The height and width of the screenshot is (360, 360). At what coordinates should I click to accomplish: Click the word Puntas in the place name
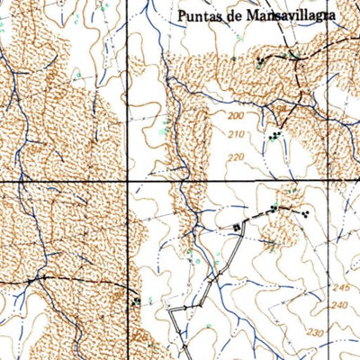pos(200,15)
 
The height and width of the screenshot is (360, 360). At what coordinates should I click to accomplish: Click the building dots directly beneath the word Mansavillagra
pos(261,62)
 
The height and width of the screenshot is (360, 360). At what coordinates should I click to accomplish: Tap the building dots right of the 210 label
pos(274,135)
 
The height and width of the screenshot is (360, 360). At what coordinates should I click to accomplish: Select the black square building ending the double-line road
pos(238,227)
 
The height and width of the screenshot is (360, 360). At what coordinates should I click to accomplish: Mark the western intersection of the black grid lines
pos(126,182)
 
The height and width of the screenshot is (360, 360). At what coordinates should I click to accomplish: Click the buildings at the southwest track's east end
pos(136,301)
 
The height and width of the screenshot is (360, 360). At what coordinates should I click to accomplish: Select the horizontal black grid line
pos(63,182)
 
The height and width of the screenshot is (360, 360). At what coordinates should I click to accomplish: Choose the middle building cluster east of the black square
pos(272,209)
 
